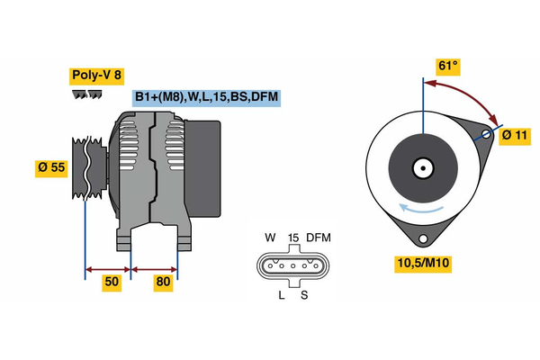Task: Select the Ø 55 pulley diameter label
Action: [x=52, y=166]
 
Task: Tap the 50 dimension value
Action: [x=111, y=282]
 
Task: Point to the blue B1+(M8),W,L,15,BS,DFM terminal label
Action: [x=206, y=96]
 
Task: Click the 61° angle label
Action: [x=447, y=66]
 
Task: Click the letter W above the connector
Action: [x=270, y=238]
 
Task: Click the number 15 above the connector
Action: [x=292, y=238]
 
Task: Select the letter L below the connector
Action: [x=281, y=295]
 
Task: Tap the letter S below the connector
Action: [x=304, y=295]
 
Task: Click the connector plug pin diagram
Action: [x=292, y=266]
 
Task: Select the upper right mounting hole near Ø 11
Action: [x=486, y=135]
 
